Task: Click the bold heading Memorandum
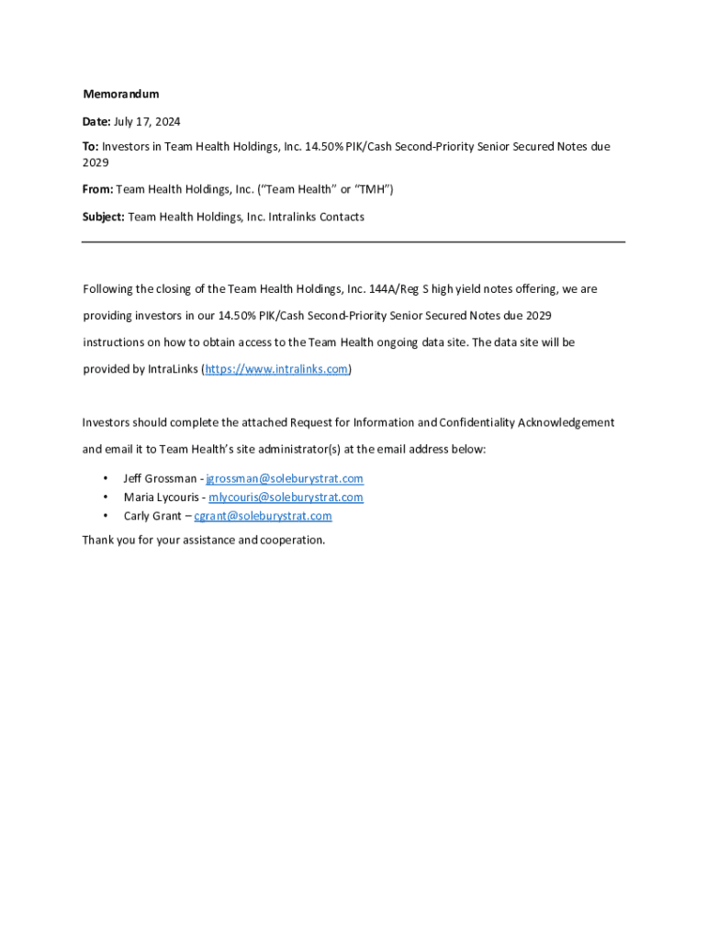point(121,95)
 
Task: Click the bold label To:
point(91,147)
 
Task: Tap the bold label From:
point(98,190)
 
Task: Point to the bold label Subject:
point(104,218)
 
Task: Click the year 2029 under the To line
point(95,163)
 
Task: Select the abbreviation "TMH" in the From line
point(374,190)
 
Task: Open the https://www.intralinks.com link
point(276,369)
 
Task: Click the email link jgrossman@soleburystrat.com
point(285,479)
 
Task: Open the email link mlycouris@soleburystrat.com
point(286,498)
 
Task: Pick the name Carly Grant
point(152,516)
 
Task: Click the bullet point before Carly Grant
point(107,516)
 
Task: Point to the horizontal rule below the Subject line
point(353,242)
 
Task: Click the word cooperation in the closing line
point(292,540)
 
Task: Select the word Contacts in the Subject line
point(342,218)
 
